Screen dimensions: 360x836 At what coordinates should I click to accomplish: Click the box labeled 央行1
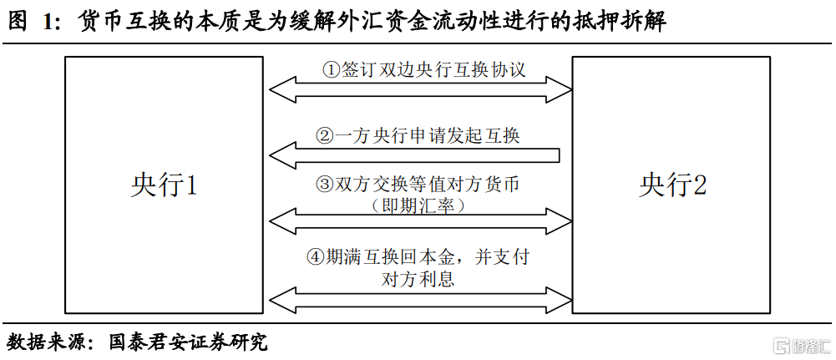pos(164,185)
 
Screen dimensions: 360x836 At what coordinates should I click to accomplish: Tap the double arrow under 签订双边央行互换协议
pos(420,88)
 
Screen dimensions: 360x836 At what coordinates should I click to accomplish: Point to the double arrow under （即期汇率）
pos(420,221)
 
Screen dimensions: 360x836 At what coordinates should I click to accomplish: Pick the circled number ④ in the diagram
pos(316,257)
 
